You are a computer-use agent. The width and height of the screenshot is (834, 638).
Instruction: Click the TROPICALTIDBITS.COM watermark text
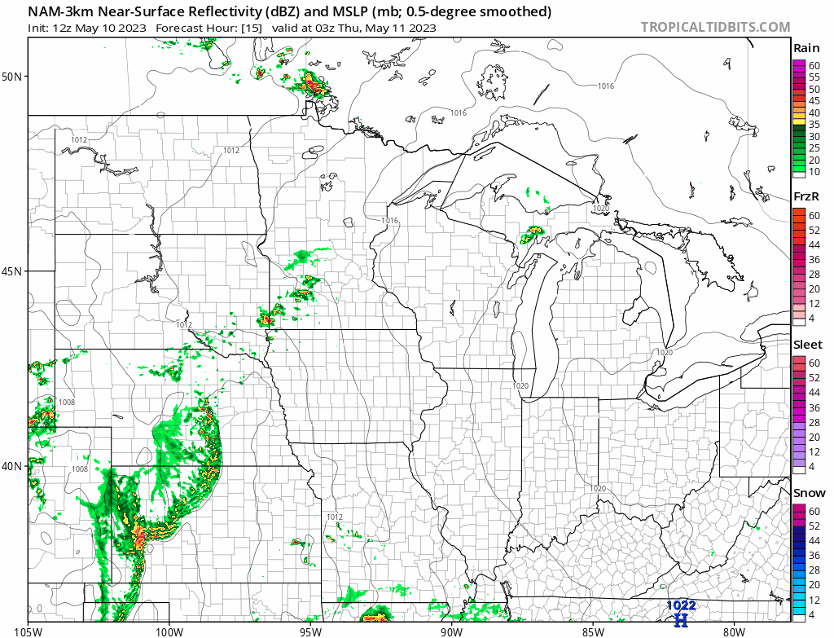point(715,27)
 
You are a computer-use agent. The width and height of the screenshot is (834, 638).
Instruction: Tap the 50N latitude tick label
point(13,77)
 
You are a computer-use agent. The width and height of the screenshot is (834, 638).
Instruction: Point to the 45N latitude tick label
point(13,271)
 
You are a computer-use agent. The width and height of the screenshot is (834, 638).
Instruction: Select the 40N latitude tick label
point(13,466)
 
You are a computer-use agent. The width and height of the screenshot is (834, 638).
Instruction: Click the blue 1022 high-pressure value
point(681,605)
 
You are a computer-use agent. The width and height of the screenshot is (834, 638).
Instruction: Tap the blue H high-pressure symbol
point(681,620)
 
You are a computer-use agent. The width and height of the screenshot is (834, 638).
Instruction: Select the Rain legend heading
point(806,48)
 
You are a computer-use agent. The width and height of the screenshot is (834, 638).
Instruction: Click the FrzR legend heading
point(806,197)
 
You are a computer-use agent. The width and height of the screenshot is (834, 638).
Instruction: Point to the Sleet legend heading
point(808,345)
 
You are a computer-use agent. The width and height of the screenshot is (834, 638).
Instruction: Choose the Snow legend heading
point(809,493)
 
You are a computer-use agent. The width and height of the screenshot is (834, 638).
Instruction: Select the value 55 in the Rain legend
point(814,77)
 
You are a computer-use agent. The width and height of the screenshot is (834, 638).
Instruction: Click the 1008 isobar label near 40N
point(80,469)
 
